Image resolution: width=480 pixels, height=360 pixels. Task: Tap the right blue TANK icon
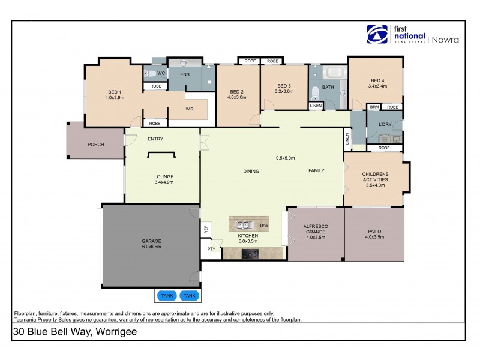pos(189,296)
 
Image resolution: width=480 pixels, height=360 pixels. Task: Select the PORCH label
pos(95,145)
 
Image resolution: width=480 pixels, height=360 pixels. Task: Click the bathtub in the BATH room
pos(334,74)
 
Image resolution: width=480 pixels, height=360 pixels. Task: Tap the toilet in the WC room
pos(150,74)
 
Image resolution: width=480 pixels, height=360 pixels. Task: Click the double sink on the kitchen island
pos(244,226)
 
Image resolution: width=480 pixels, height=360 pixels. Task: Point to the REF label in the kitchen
pos(206,229)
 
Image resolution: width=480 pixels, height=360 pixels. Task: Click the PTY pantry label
pos(211,249)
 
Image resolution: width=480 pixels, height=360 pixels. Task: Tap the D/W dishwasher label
pos(264,226)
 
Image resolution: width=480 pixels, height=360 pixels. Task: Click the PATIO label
pos(375,231)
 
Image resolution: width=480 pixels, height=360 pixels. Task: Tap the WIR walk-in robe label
pos(172,110)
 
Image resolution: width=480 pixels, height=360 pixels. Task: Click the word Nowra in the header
pos(448,40)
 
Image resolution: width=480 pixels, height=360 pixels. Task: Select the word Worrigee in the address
pos(116,332)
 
